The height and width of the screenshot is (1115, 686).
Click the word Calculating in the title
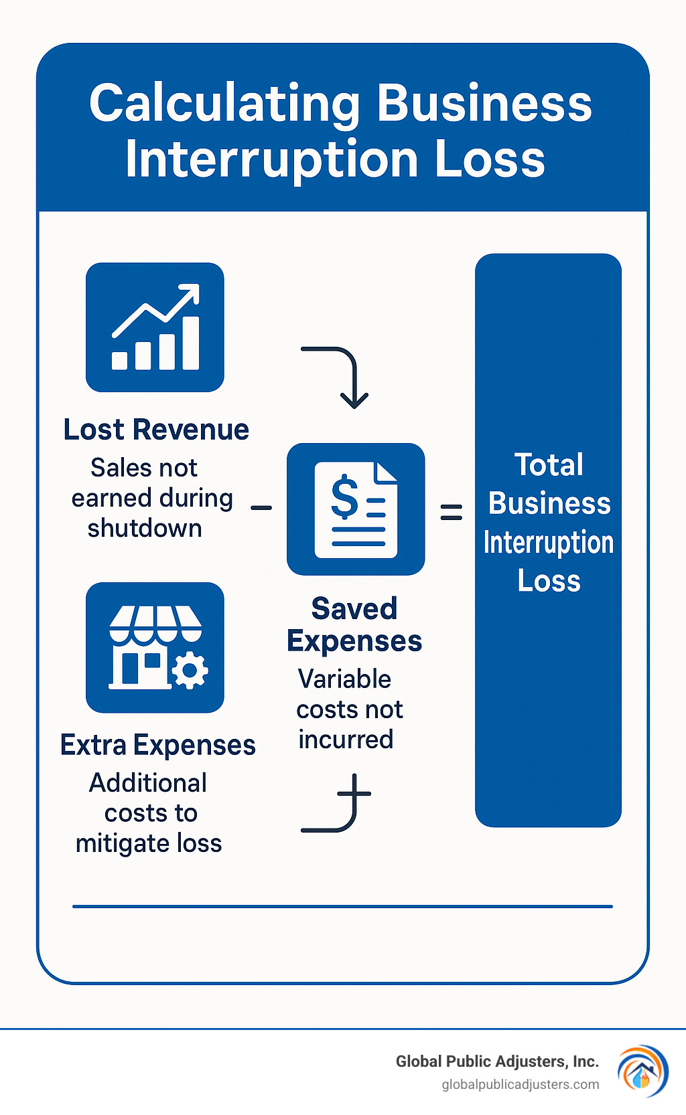click(x=224, y=104)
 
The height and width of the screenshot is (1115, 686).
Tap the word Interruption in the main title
click(x=271, y=159)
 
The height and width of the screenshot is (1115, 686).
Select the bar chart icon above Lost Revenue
click(x=155, y=327)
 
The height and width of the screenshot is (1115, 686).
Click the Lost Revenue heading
click(x=156, y=430)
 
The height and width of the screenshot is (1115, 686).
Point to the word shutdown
click(x=145, y=528)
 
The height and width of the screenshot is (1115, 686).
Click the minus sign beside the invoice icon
click(x=261, y=508)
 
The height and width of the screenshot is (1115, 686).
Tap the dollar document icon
click(x=356, y=509)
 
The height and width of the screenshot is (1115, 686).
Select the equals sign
click(x=451, y=513)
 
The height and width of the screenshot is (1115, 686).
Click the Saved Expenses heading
click(x=354, y=624)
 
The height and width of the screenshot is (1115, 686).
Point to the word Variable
click(x=344, y=679)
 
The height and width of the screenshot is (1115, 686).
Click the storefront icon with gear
click(x=155, y=647)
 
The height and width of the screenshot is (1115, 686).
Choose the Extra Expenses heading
click(x=158, y=745)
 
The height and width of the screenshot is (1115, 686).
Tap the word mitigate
click(x=118, y=843)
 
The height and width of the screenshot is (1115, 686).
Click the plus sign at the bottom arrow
click(x=354, y=794)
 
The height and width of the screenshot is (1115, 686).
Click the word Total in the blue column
click(x=549, y=464)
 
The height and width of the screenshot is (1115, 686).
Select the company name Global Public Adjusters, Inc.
click(x=496, y=1061)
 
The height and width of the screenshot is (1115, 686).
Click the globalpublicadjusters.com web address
click(x=520, y=1084)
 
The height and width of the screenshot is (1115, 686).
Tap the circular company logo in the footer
click(x=642, y=1071)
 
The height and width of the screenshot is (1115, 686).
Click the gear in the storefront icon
click(x=190, y=670)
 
